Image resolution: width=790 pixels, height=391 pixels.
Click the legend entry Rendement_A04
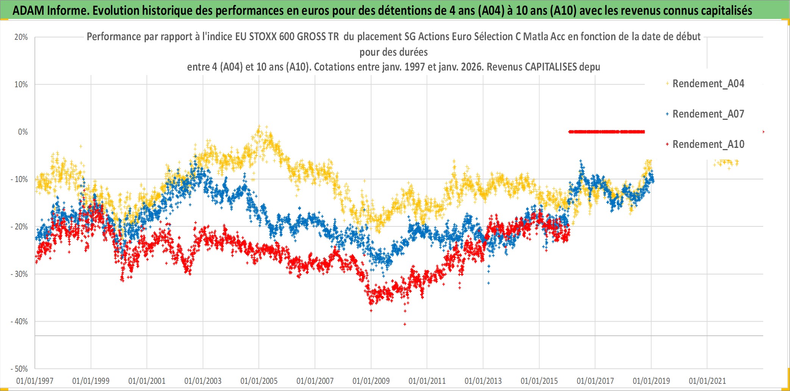[x=708, y=83]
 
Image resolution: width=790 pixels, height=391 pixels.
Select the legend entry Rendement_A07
[x=708, y=114]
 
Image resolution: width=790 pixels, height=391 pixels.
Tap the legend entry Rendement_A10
[x=708, y=144]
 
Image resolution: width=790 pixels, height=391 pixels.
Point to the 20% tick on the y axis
[x=21, y=37]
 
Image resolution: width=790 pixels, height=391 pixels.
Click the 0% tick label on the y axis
[x=23, y=132]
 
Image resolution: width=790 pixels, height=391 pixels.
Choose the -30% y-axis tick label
[x=19, y=274]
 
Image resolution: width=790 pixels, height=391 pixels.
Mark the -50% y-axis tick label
[x=19, y=369]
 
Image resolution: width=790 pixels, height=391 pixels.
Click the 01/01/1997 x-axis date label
[x=35, y=381]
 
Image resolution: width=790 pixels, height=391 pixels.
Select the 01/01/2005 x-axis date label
[x=259, y=381]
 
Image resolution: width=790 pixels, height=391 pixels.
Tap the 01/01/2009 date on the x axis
[x=371, y=381]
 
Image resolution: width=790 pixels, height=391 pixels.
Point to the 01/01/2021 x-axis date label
[x=707, y=381]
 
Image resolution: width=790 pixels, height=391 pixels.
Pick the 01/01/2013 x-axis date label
[x=483, y=381]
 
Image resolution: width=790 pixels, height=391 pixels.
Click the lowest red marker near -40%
[x=405, y=324]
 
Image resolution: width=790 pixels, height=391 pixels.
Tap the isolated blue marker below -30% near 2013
[x=489, y=283]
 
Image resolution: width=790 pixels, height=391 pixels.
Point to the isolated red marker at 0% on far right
[x=763, y=132]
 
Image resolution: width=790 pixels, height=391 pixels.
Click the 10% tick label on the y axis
[x=21, y=85]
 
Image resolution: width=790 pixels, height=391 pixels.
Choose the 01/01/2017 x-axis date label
[x=595, y=381]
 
